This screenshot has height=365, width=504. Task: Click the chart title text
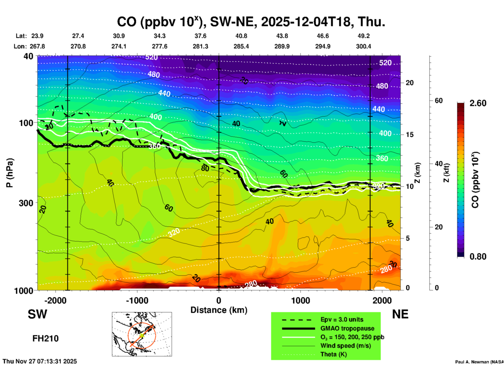251,22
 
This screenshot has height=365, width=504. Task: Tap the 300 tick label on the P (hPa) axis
26,203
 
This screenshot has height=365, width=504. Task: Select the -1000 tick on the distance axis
137,300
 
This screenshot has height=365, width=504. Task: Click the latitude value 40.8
241,36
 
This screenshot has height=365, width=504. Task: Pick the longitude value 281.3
200,46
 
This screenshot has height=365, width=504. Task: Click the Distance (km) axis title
219,310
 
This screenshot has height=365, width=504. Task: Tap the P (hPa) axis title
9,173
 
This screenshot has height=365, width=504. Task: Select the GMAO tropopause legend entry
347,328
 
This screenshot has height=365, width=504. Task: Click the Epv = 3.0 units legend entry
342,320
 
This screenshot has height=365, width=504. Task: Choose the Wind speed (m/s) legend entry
345,346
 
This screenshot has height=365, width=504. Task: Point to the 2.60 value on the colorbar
478,103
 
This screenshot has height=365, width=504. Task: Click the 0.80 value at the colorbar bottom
478,257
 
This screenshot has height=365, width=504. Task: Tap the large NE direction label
400,314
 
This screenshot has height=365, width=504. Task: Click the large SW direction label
37,314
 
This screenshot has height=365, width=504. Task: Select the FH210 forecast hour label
46,339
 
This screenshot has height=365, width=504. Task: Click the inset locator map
142,334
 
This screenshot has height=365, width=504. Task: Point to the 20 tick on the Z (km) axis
410,83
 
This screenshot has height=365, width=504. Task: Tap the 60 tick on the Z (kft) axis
439,101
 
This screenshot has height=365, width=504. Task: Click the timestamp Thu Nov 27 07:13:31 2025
40,361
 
